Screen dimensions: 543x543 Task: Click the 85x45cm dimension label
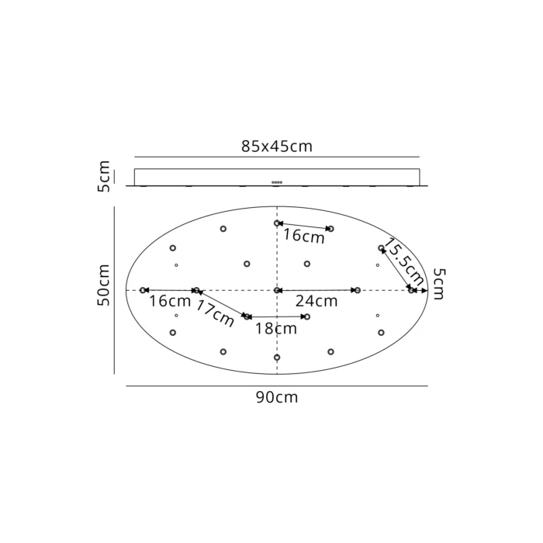[x=277, y=146]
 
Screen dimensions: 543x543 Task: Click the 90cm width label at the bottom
[x=277, y=397]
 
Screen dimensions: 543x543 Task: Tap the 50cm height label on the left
[x=105, y=285]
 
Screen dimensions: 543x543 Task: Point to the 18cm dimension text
[x=277, y=328]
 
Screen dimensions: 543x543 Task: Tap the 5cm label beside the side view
[x=105, y=177]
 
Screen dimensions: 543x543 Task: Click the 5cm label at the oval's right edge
[x=439, y=284]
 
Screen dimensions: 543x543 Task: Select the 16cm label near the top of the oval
[x=303, y=237]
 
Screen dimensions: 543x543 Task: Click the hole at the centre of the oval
[x=277, y=290]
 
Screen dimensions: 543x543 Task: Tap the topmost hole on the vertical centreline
[x=277, y=223]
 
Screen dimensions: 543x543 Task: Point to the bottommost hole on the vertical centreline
[x=277, y=358]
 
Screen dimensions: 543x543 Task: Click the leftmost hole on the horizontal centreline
[x=143, y=290]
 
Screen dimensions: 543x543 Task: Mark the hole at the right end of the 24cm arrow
[x=357, y=290]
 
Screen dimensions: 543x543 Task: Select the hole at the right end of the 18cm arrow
[x=306, y=316]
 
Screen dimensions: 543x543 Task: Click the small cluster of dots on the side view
[x=277, y=182]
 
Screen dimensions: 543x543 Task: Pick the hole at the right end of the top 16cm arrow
[x=330, y=229]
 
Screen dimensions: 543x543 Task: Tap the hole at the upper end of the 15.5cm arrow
[x=381, y=248]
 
